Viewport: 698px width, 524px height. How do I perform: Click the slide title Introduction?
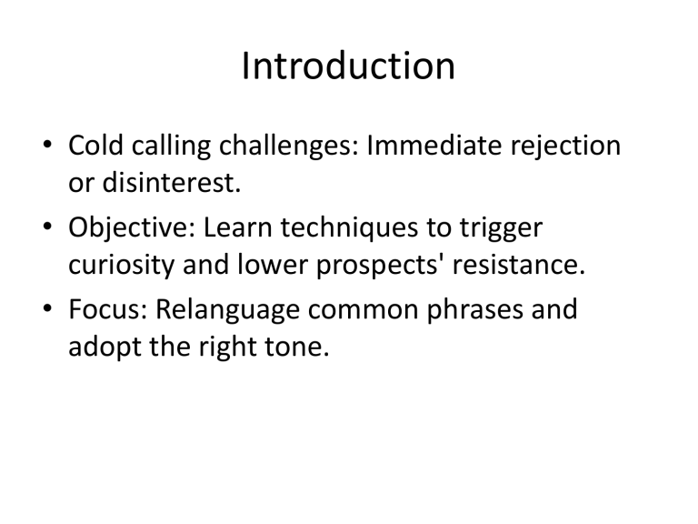(x=349, y=66)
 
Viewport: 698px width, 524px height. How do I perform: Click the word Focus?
(x=106, y=310)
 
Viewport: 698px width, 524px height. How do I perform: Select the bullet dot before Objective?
(x=48, y=230)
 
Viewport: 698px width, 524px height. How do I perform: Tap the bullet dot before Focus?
(x=48, y=311)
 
